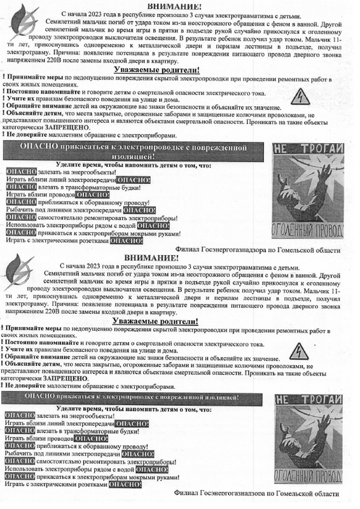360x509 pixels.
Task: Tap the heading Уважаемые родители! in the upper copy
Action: (x=156, y=69)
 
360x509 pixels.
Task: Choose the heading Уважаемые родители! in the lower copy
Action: (x=156, y=322)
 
